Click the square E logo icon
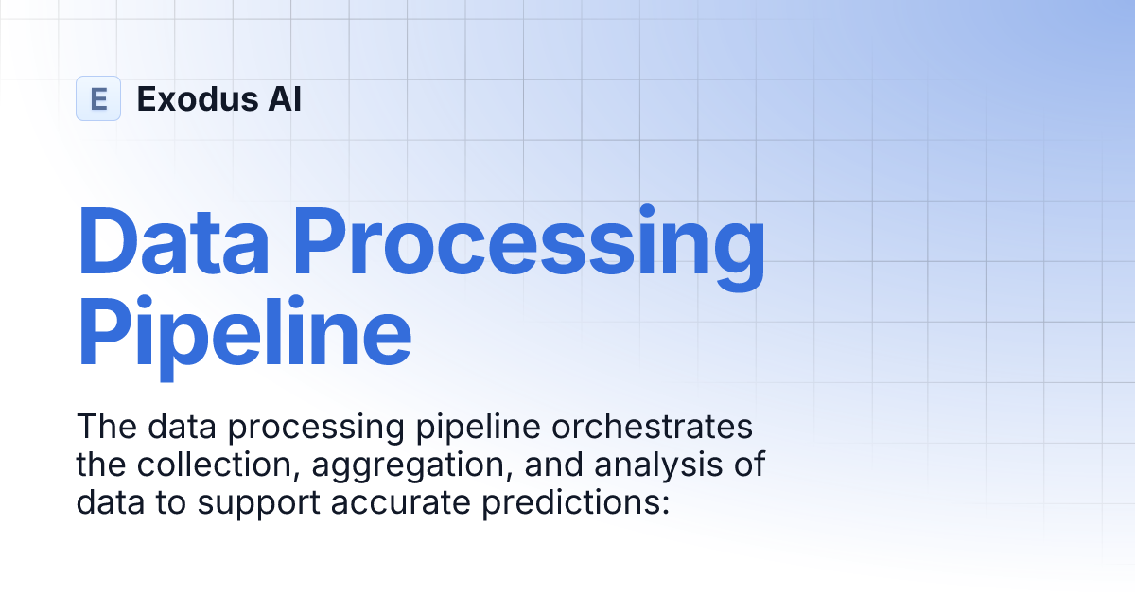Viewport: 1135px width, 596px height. pos(98,98)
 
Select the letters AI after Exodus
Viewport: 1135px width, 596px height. pos(284,98)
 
